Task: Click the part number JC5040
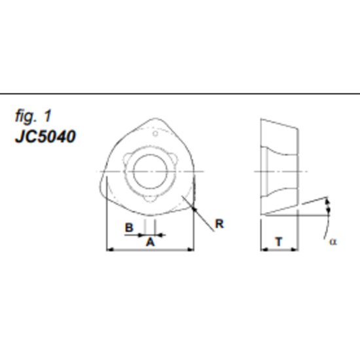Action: point(45,137)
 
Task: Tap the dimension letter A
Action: point(149,242)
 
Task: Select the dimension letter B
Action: point(130,226)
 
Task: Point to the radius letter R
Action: point(219,224)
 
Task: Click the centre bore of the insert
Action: point(150,172)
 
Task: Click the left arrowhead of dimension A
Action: point(109,249)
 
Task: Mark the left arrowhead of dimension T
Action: point(264,249)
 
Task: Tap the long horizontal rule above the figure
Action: point(180,94)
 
